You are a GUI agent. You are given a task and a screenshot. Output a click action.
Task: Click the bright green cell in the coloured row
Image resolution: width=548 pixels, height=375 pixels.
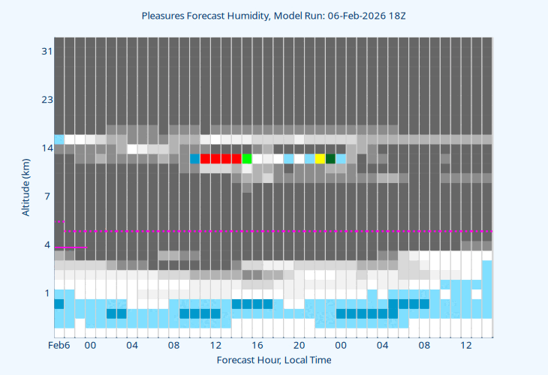point(247,158)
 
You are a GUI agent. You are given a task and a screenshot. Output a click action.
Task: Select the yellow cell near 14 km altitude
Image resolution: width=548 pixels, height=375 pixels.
point(320,158)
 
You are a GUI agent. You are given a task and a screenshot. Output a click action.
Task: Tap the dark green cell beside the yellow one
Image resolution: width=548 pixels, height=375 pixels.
point(330,158)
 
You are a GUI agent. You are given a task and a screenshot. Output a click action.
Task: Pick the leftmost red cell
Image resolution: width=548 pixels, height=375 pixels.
point(205,158)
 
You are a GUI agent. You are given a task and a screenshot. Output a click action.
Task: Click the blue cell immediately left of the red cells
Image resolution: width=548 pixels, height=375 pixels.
point(195,158)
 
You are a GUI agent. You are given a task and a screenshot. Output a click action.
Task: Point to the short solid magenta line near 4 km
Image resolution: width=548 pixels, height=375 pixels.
point(71,247)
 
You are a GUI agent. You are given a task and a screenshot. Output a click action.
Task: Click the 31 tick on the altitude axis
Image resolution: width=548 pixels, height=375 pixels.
point(47,51)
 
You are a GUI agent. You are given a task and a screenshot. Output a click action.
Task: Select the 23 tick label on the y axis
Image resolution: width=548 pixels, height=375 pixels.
point(47,100)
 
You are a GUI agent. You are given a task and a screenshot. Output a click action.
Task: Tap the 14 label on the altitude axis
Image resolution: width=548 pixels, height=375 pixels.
point(47,148)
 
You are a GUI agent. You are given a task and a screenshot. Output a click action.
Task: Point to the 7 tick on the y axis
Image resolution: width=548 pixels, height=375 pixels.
point(47,196)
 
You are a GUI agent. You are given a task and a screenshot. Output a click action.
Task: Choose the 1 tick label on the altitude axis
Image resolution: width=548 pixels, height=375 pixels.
point(47,292)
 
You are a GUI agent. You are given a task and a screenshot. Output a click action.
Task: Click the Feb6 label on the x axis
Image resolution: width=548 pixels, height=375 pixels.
point(59,345)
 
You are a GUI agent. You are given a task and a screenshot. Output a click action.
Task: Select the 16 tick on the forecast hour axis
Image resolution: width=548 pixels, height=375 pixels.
point(257,345)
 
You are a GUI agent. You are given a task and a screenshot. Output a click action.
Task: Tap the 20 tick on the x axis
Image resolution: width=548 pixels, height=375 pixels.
point(299,345)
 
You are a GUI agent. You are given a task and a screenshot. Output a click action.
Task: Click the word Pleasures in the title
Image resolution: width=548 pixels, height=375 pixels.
point(164,15)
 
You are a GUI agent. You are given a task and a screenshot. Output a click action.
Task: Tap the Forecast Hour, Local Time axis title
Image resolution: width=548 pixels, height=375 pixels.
point(273,360)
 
